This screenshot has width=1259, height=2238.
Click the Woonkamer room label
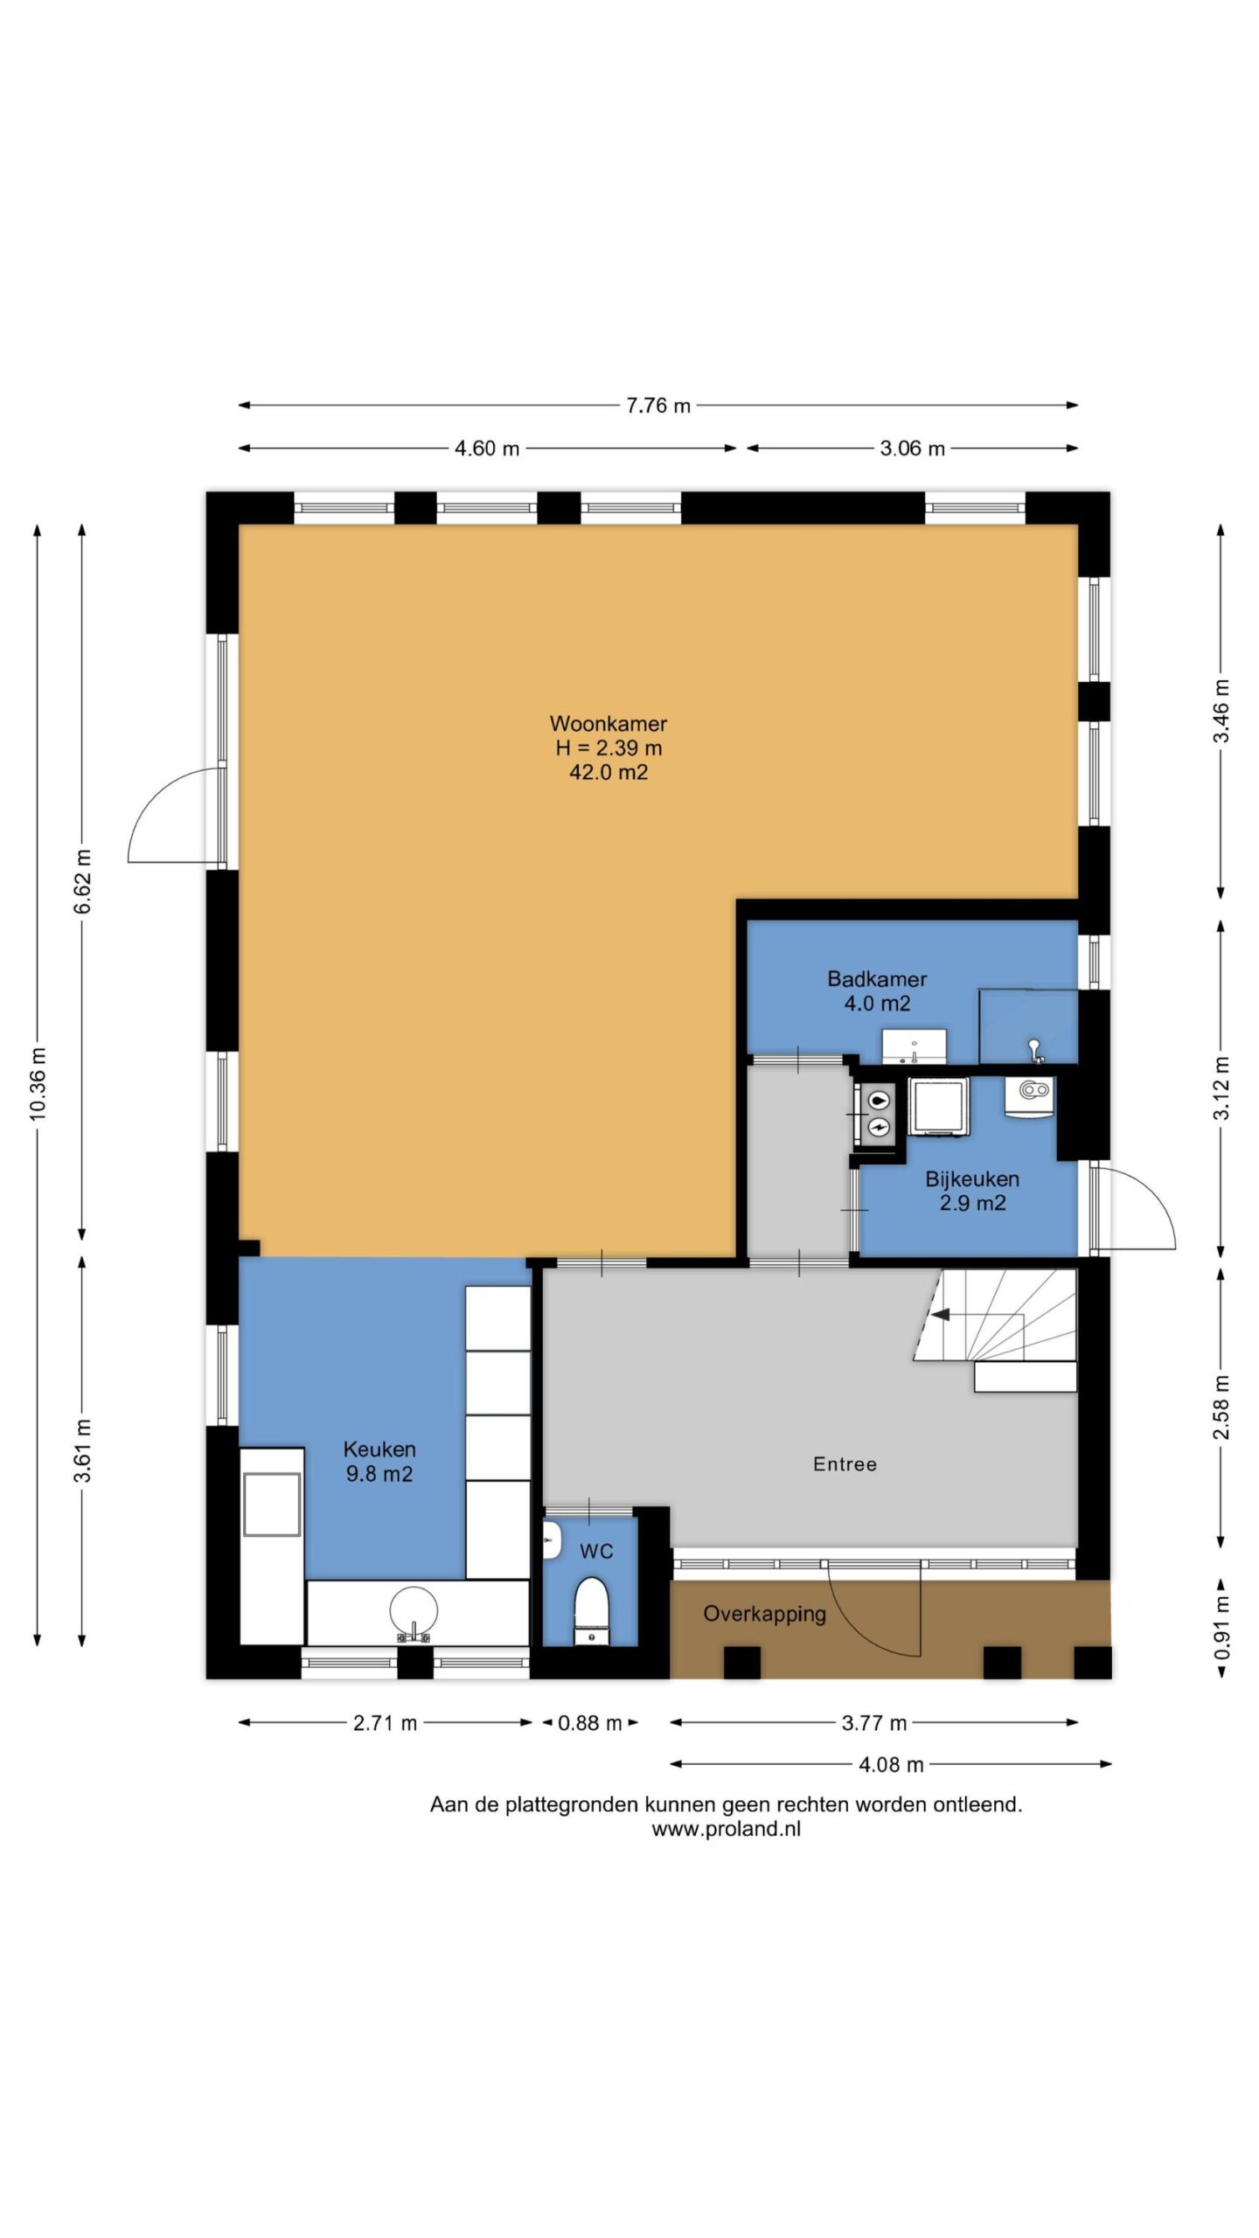click(x=608, y=724)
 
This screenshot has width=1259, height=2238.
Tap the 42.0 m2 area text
click(x=609, y=772)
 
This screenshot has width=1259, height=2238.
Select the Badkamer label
click(x=877, y=979)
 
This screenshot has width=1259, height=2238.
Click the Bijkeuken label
click(x=972, y=1179)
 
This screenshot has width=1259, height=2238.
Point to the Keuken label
click(x=379, y=1449)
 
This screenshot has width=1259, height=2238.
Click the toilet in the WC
click(x=591, y=1611)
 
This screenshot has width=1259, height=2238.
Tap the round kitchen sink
click(x=414, y=1611)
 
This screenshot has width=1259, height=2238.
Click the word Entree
click(x=845, y=1464)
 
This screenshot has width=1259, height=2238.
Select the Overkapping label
click(x=765, y=1615)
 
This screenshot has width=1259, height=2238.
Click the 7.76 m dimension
click(x=658, y=406)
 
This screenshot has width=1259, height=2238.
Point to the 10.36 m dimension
click(x=38, y=1084)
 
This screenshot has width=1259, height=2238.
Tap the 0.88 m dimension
click(x=590, y=1723)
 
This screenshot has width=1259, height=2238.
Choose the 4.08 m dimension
click(x=891, y=1765)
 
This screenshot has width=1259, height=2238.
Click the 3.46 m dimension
click(x=1221, y=711)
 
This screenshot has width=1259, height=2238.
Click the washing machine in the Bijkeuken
click(x=938, y=1107)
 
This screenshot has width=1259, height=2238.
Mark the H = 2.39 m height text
click(x=609, y=748)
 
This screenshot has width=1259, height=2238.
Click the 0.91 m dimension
click(x=1221, y=1629)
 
